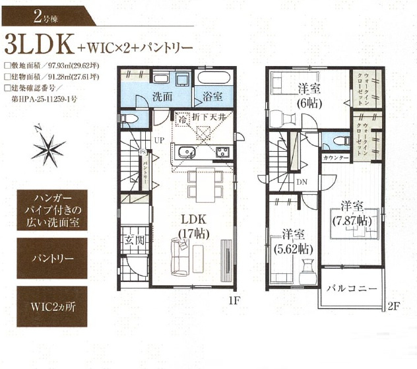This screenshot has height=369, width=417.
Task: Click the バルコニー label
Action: [350, 289]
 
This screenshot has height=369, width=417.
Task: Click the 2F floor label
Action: [394, 306]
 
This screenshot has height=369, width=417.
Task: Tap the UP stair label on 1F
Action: [159, 140]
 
